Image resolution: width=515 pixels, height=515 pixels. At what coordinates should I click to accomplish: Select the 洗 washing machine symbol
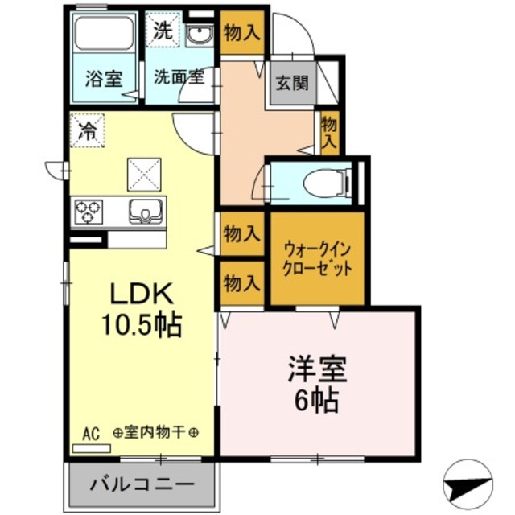click(x=163, y=33)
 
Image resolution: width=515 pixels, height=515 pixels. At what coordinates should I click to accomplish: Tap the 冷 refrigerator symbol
click(x=86, y=132)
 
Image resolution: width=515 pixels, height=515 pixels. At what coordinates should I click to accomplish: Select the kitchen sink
click(x=146, y=212)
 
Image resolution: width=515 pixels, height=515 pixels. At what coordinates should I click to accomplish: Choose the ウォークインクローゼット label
click(x=316, y=258)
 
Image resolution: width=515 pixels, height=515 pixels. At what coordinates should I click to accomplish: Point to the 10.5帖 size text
click(x=140, y=325)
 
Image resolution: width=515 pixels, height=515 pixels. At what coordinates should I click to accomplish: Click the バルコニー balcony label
click(x=141, y=486)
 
